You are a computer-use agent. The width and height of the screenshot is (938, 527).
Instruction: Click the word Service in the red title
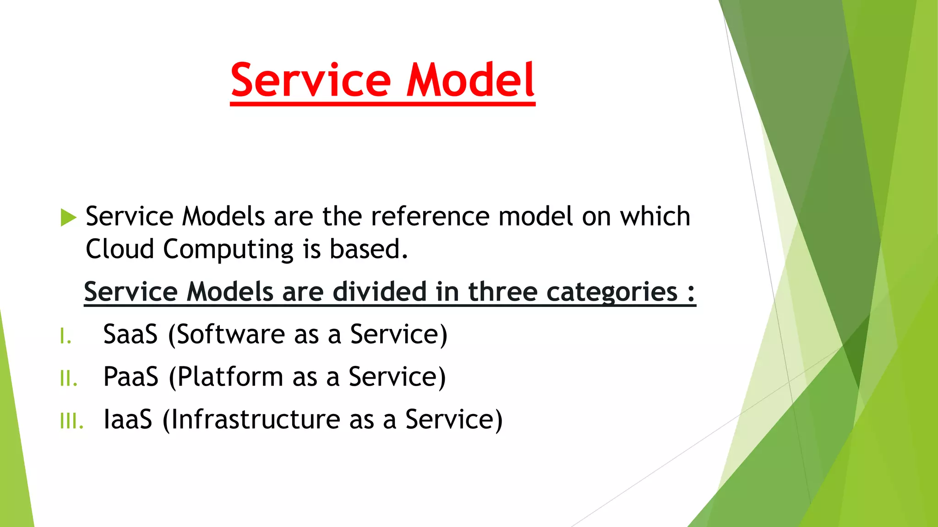click(x=311, y=81)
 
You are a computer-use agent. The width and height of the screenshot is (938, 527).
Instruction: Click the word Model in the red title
click(x=470, y=81)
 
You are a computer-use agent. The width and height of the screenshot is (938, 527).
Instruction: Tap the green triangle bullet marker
click(x=68, y=217)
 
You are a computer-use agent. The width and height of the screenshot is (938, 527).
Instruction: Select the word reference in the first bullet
click(x=430, y=216)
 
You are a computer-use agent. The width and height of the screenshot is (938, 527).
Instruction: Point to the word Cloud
click(x=120, y=249)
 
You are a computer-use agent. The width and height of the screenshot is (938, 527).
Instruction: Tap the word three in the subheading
click(x=502, y=291)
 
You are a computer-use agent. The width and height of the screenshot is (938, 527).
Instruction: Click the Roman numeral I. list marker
click(x=65, y=337)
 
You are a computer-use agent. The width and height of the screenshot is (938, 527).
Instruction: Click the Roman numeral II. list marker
click(x=68, y=379)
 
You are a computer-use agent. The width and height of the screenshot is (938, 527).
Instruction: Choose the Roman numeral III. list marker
click(x=71, y=421)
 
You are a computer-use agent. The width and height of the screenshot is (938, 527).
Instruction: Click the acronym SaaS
click(x=131, y=334)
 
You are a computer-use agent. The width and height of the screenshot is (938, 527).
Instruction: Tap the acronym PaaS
click(x=131, y=376)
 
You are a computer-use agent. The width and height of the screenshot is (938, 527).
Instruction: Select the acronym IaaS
click(x=128, y=419)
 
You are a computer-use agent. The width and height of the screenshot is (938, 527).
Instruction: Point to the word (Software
click(x=226, y=334)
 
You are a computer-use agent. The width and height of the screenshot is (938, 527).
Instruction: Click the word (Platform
click(x=226, y=377)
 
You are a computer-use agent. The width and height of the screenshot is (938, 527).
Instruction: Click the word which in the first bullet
click(x=655, y=216)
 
